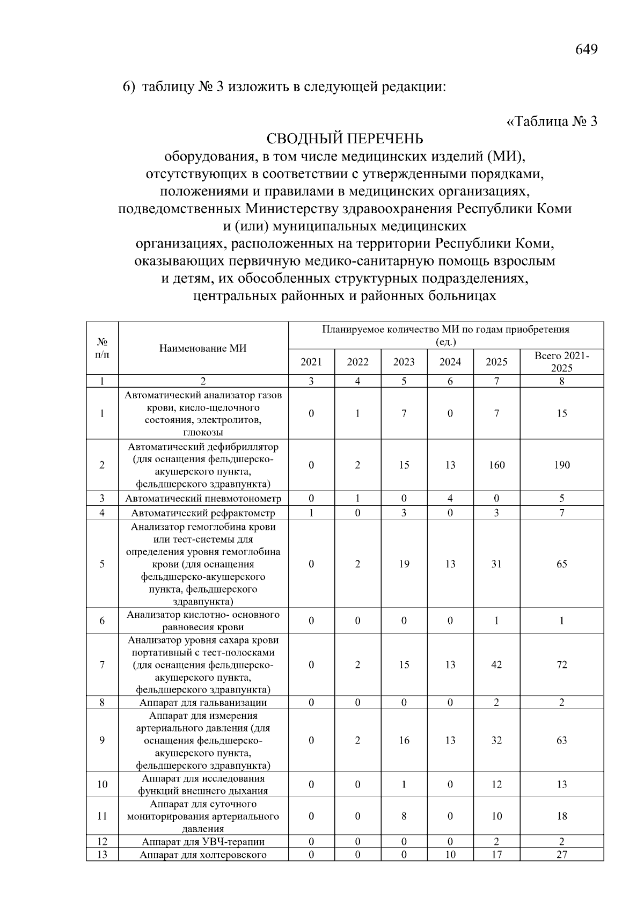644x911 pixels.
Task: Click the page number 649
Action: tap(586, 49)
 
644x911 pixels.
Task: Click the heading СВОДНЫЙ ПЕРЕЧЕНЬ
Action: tap(345, 139)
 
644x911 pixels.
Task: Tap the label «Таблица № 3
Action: tap(552, 121)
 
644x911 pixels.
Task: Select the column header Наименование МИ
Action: tap(203, 348)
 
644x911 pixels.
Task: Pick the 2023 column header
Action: tap(404, 362)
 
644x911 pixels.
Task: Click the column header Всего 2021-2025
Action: tap(561, 362)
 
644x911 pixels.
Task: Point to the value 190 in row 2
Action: tap(561, 465)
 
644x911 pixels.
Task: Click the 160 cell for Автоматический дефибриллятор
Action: tap(496, 465)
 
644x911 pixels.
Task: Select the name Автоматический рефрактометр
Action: tap(203, 513)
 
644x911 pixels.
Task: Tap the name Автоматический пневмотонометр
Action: tap(203, 498)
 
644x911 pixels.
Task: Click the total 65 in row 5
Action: tap(561, 564)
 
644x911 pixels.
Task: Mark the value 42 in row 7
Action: tap(496, 665)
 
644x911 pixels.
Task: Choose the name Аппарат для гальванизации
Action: tap(203, 703)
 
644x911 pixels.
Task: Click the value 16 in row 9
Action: tap(404, 740)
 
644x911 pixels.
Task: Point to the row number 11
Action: tap(102, 816)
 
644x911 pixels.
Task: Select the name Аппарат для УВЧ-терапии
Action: tap(203, 842)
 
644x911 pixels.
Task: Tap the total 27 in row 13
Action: tap(561, 855)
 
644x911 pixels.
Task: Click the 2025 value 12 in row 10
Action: tap(496, 784)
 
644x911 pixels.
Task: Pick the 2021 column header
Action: tap(311, 362)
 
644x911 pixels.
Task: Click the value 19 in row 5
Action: tap(404, 564)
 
